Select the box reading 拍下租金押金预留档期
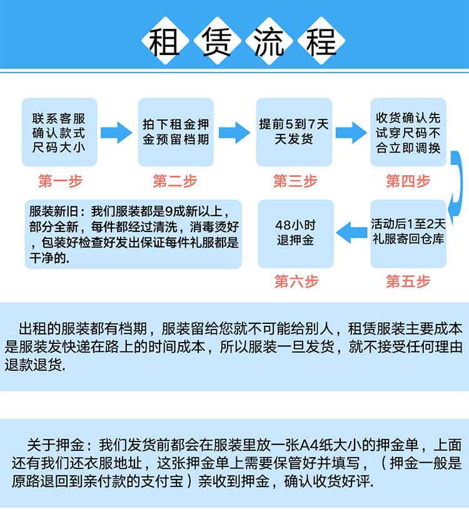(176, 133)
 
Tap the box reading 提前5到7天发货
(293, 133)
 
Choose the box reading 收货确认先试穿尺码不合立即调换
(408, 133)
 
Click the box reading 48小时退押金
(296, 233)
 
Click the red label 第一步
(59, 182)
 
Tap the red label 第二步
(175, 182)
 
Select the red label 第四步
(408, 182)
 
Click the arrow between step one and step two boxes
(116, 133)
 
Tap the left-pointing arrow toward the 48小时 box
(352, 233)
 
